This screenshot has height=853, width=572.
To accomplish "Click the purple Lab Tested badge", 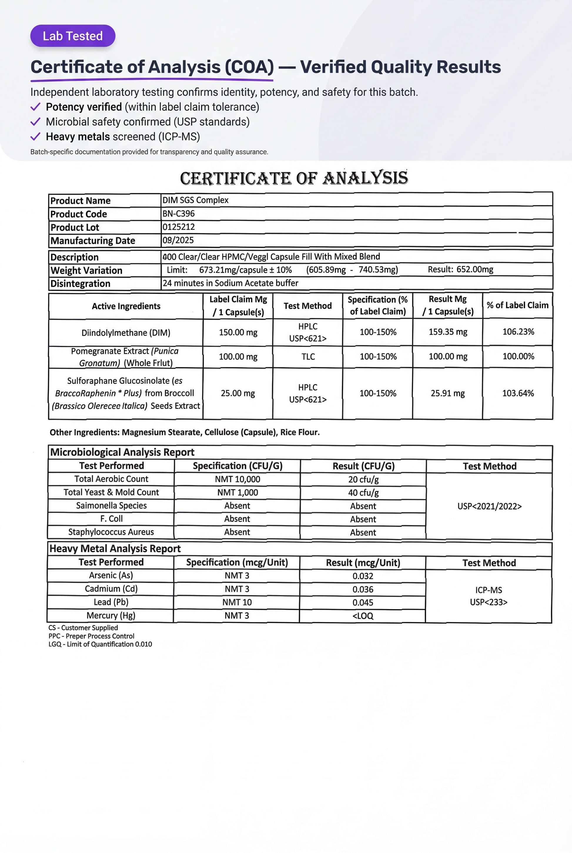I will tap(73, 36).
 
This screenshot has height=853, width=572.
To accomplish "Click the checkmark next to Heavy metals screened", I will tap(35, 136).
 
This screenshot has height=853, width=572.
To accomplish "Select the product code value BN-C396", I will tap(178, 213).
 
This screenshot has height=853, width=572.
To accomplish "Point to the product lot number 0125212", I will tap(178, 227).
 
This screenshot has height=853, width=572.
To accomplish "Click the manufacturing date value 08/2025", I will tap(178, 240).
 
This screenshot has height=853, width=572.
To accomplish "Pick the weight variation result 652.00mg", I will tap(460, 269).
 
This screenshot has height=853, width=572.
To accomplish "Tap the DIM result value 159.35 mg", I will tap(448, 332).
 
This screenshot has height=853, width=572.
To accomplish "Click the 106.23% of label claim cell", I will tap(518, 332).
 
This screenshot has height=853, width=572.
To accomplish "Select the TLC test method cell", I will tap(308, 356).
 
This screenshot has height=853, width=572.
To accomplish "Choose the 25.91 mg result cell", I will tap(448, 393).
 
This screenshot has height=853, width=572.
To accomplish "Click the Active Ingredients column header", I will tap(126, 306).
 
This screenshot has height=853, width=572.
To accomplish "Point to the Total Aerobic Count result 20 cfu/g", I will tap(363, 479).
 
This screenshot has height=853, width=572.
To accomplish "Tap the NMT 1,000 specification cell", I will tap(238, 493).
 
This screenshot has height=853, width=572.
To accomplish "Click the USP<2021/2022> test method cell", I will tap(489, 506).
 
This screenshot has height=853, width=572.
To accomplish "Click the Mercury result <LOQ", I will tap(363, 616).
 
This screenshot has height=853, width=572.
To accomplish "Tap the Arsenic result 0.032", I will tap(363, 576).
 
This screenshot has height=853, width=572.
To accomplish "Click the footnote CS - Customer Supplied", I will tap(83, 627).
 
